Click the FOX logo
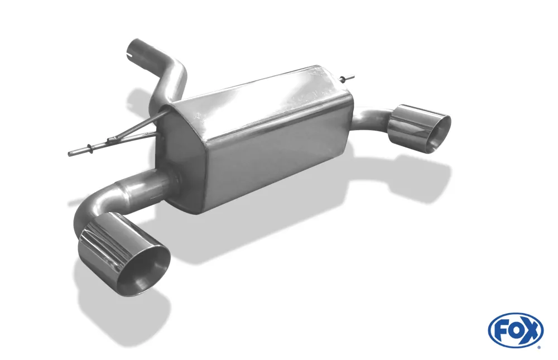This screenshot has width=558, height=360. click(x=515, y=330)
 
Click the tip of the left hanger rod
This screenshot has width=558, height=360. click(x=70, y=154)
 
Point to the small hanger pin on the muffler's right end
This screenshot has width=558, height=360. click(x=348, y=76)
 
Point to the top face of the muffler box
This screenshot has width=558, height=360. click(x=257, y=95)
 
